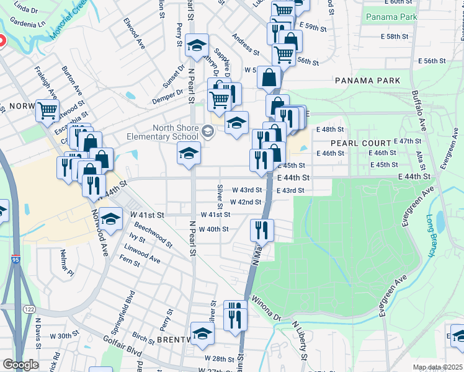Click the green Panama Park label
[x=391, y=17]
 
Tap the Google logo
[x=20, y=365]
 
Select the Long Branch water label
[x=431, y=236]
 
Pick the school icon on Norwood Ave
[x=110, y=219]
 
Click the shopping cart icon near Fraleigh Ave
[x=47, y=110]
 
